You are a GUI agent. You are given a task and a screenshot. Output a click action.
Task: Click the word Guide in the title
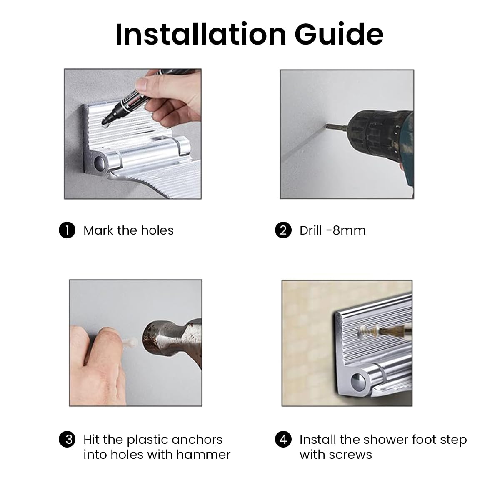coord(339,34)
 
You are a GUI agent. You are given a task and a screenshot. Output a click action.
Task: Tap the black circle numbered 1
coord(67,230)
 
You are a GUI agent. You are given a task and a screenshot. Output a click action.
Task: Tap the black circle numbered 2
coord(283,230)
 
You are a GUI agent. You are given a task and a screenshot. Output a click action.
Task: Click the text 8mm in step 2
coord(349,230)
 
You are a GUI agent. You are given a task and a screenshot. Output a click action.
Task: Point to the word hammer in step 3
coord(203,455)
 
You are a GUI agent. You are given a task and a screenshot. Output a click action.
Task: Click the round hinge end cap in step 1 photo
coord(99,162)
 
